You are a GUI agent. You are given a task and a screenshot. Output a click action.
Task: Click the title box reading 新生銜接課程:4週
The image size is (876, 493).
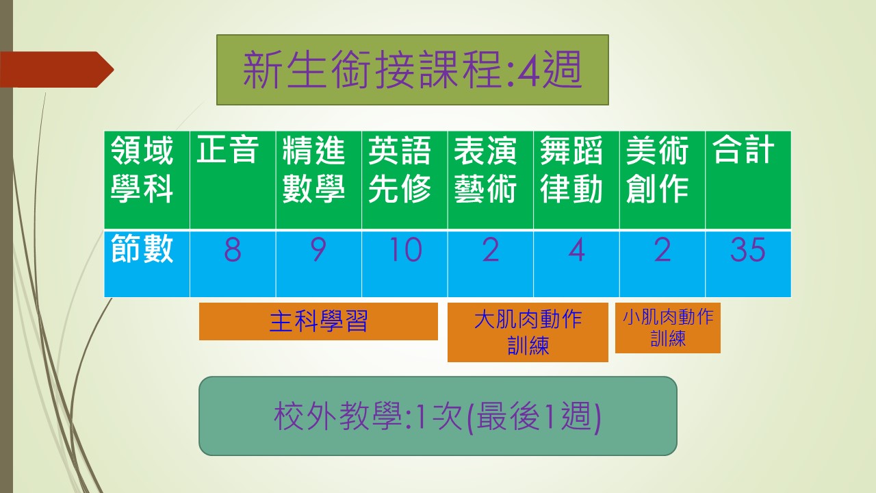tap(413, 70)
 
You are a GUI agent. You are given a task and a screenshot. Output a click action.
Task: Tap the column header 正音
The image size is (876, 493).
tap(227, 149)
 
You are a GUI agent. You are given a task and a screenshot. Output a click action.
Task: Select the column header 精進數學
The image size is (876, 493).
tap(313, 169)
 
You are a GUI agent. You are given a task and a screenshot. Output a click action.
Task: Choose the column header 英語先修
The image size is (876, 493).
tap(400, 169)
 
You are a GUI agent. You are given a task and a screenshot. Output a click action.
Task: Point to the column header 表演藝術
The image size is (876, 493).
tap(485, 169)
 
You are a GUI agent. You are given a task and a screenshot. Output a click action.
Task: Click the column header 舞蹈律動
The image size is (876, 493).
tap(571, 169)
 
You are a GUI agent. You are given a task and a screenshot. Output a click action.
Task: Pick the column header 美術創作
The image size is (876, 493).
tap(658, 169)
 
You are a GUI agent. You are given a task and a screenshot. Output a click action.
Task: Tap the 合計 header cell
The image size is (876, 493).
tap(743, 149)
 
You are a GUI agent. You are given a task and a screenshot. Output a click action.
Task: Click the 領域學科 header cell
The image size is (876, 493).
tap(142, 169)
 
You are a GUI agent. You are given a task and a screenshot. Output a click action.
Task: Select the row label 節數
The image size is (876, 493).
tap(142, 249)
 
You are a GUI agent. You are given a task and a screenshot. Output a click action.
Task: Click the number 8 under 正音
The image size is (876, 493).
tap(233, 250)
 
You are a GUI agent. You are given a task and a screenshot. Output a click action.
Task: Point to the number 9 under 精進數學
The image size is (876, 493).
tap(318, 250)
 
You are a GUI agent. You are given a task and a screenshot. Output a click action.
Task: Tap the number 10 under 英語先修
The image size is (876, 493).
tap(406, 250)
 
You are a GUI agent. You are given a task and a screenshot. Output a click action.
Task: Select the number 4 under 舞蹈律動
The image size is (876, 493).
tap(576, 250)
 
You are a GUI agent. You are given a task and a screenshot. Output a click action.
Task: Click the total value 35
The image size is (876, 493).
tap(748, 250)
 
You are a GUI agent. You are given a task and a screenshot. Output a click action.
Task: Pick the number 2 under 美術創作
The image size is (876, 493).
tap(662, 250)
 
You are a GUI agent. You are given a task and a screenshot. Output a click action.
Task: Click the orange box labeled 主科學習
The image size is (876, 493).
tap(318, 321)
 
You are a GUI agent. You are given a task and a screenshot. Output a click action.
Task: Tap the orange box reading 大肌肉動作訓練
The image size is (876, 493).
tap(528, 332)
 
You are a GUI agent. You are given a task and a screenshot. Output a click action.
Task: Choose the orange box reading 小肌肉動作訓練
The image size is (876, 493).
tap(668, 328)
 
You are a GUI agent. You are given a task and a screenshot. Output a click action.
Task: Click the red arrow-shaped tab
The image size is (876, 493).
tap(57, 69)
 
